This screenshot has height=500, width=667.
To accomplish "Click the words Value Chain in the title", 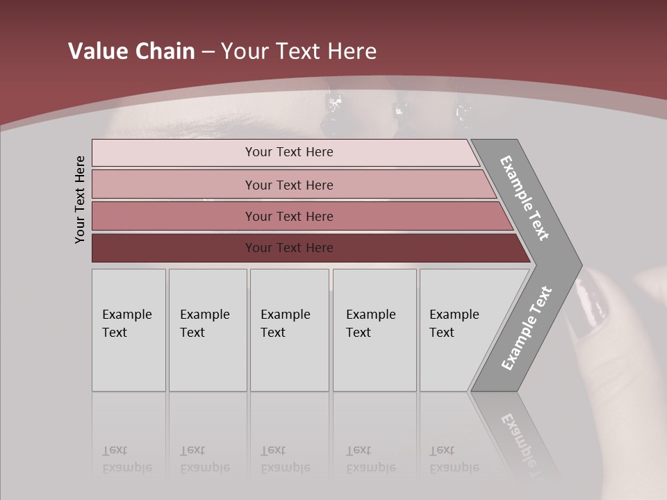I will click(131, 51).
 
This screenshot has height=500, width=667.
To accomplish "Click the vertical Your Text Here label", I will click(80, 199).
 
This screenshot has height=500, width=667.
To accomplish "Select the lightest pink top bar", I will click(174, 153).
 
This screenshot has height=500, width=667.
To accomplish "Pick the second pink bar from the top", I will click(174, 185).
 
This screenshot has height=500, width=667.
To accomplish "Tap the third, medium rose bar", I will click(174, 216).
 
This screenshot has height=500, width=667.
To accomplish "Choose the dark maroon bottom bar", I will click(174, 248).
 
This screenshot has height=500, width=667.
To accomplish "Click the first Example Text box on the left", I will click(129, 330).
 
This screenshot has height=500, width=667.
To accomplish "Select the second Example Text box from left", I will click(208, 330).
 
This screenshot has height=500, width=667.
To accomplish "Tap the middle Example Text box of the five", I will click(289, 330).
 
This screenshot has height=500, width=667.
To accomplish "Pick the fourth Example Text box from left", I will click(374, 330).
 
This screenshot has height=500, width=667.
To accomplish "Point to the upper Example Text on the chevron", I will click(525, 198).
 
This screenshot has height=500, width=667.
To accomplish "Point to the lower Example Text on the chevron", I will click(526, 328).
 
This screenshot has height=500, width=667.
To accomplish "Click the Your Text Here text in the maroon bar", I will click(289, 248).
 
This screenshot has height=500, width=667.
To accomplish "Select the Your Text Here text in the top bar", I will click(289, 152).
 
